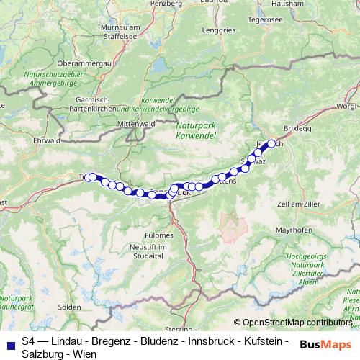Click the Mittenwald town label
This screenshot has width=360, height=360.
[139, 123]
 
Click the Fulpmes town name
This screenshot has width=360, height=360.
[161, 235]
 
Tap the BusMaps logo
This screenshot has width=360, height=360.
[326, 345]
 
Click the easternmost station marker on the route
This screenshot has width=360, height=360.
[272, 143]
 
